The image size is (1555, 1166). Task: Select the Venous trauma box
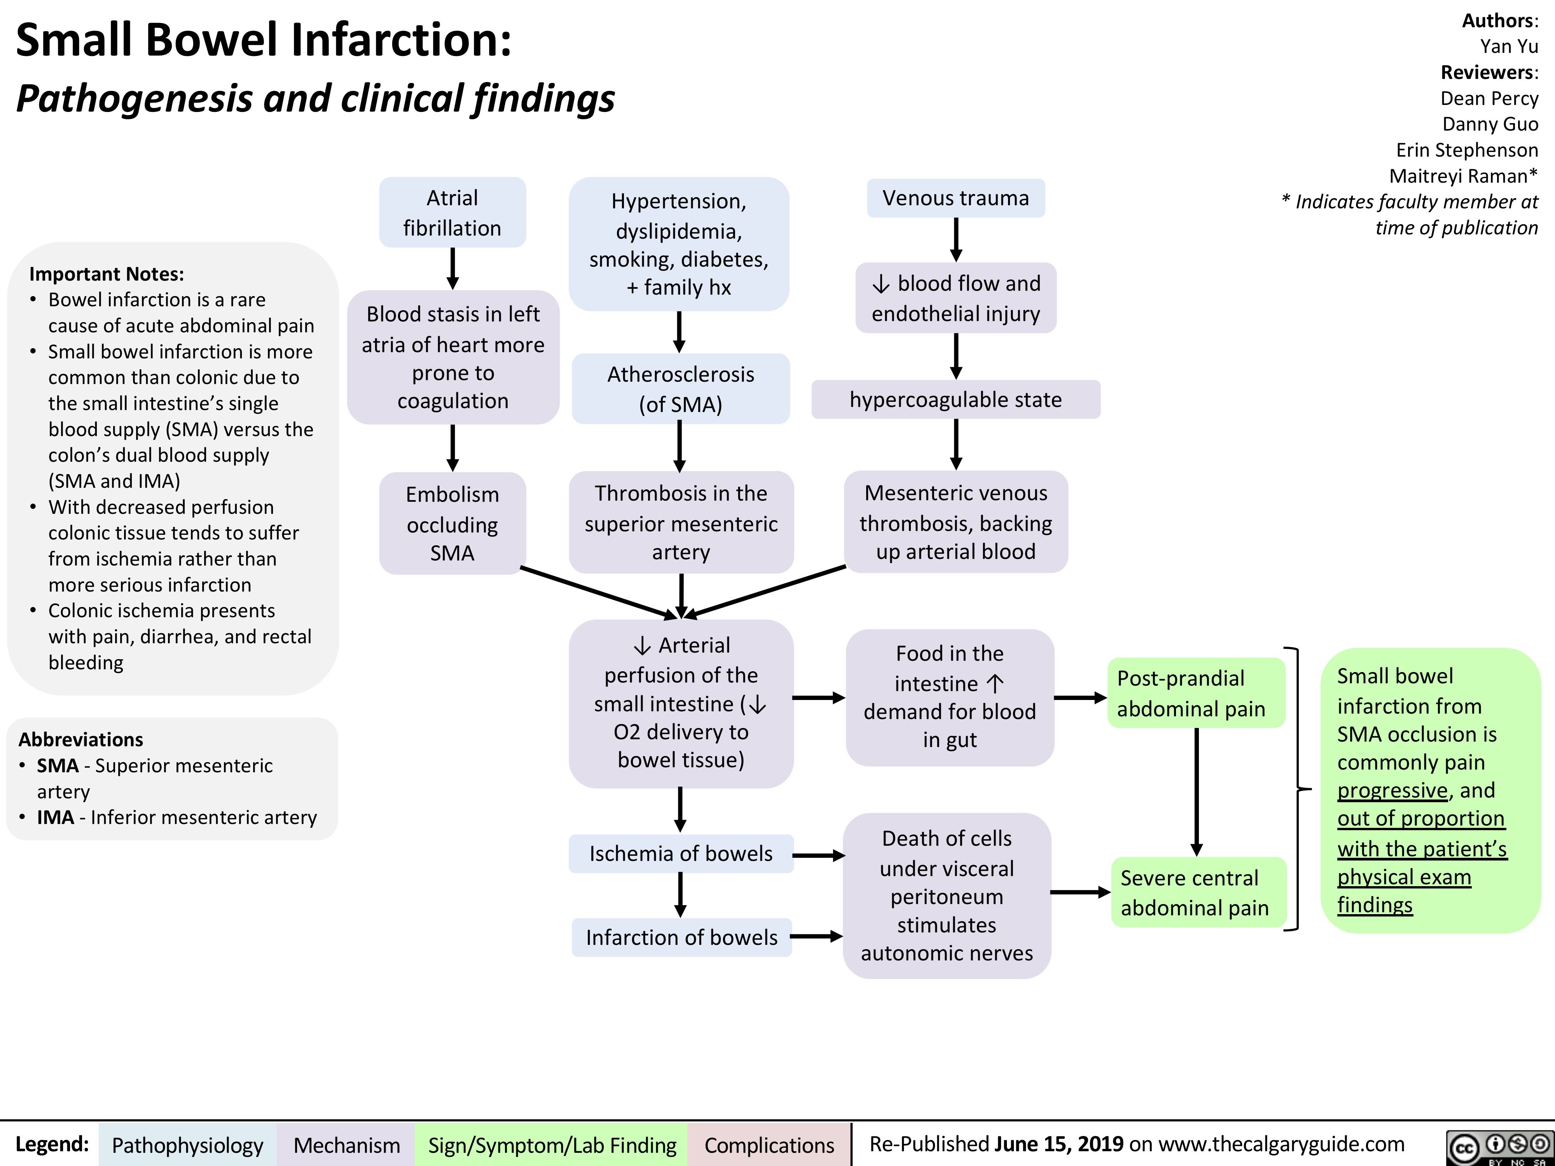click(x=956, y=198)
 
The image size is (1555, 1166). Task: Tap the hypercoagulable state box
click(x=956, y=399)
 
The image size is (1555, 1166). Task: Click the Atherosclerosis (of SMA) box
click(x=680, y=389)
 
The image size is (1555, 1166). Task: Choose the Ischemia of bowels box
click(x=680, y=853)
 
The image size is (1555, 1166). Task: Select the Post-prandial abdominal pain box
click(x=1195, y=693)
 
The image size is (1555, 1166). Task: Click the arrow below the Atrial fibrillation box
click(x=453, y=269)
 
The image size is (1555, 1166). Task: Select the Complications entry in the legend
click(x=769, y=1145)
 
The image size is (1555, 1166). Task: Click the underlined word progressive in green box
click(x=1392, y=790)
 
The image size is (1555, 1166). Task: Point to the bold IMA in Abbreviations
click(x=56, y=817)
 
